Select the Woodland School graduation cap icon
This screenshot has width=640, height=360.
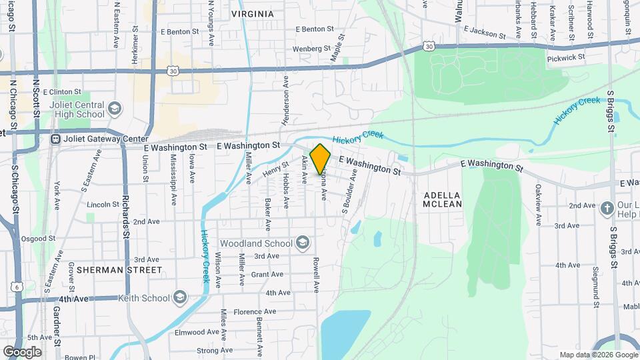click(303, 241)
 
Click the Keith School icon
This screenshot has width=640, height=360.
click(180, 297)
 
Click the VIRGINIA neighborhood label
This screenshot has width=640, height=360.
click(253, 13)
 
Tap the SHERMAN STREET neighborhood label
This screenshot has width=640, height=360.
click(119, 270)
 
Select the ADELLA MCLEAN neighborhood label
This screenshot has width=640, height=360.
click(443, 199)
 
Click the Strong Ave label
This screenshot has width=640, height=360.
click(215, 350)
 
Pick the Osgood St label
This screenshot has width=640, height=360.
click(38, 238)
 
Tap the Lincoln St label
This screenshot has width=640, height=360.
click(102, 204)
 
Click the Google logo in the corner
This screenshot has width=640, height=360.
click(22, 352)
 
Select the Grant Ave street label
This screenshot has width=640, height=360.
click(267, 275)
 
